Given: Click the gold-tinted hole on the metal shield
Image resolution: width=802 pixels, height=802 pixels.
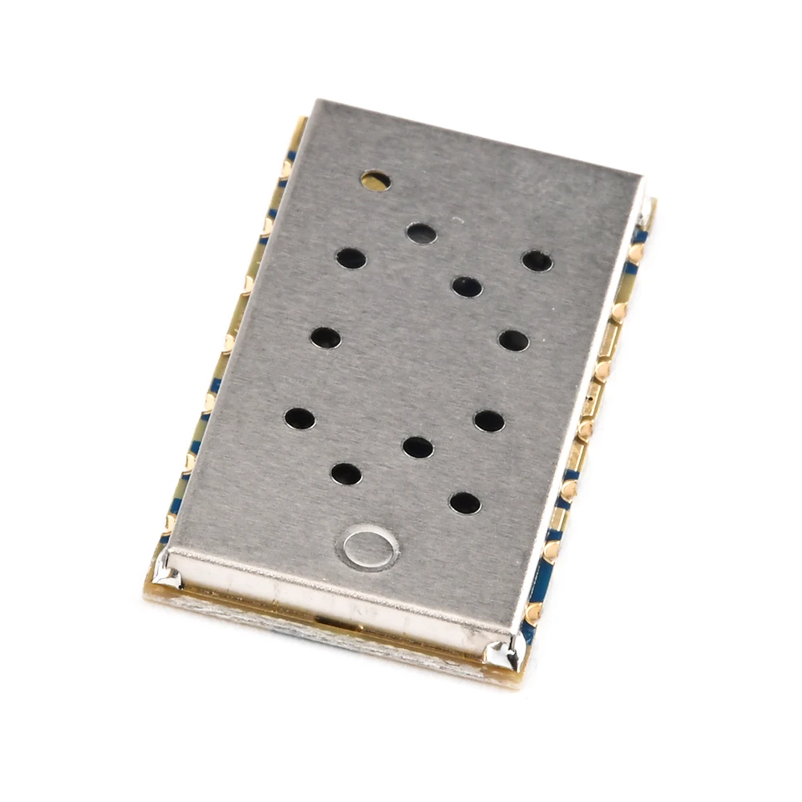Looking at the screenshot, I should pos(375,180).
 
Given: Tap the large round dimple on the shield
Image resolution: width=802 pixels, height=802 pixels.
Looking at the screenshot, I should pos(371,547).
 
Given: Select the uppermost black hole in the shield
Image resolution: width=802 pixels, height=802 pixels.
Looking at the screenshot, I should pos(421,233).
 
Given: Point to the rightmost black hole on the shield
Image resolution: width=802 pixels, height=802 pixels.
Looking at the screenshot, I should pos(537,261).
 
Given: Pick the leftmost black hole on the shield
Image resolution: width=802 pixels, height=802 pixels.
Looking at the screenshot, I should pos(299,418).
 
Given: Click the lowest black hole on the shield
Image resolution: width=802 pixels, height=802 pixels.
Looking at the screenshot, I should pos(464,503).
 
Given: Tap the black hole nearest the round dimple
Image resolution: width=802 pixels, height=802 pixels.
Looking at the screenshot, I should pos(346,474).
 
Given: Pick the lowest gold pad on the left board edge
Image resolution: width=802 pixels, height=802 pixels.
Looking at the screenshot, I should pos(169,523).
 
